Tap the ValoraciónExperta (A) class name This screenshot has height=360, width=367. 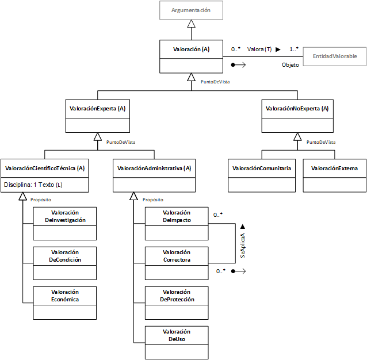tap(98, 109)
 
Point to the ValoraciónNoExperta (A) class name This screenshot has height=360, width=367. tap(297, 109)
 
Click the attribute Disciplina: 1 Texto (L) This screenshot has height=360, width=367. tap(33, 185)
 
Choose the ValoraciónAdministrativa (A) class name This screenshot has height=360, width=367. tap(154, 168)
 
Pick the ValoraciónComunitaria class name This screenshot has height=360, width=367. tap(262, 168)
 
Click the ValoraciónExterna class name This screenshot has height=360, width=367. tap(334, 168)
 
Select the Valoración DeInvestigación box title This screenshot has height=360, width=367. tap(65, 216)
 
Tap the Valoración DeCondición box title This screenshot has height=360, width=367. tap(65, 256)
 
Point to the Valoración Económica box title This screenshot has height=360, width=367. tap(65, 296)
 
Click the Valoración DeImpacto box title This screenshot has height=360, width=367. tap(177, 216)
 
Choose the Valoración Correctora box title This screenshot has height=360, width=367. tap(177, 256)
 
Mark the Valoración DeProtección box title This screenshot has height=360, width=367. tap(177, 296)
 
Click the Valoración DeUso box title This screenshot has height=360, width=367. tap(177, 335)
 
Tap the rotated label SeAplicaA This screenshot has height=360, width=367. tap(243, 246)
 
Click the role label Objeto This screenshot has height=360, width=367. tap(290, 65)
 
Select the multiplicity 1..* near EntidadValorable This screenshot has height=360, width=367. tap(294, 49)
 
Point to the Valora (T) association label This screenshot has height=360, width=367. tap(259, 49)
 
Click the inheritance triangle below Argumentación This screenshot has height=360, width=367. tap(191, 24)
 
